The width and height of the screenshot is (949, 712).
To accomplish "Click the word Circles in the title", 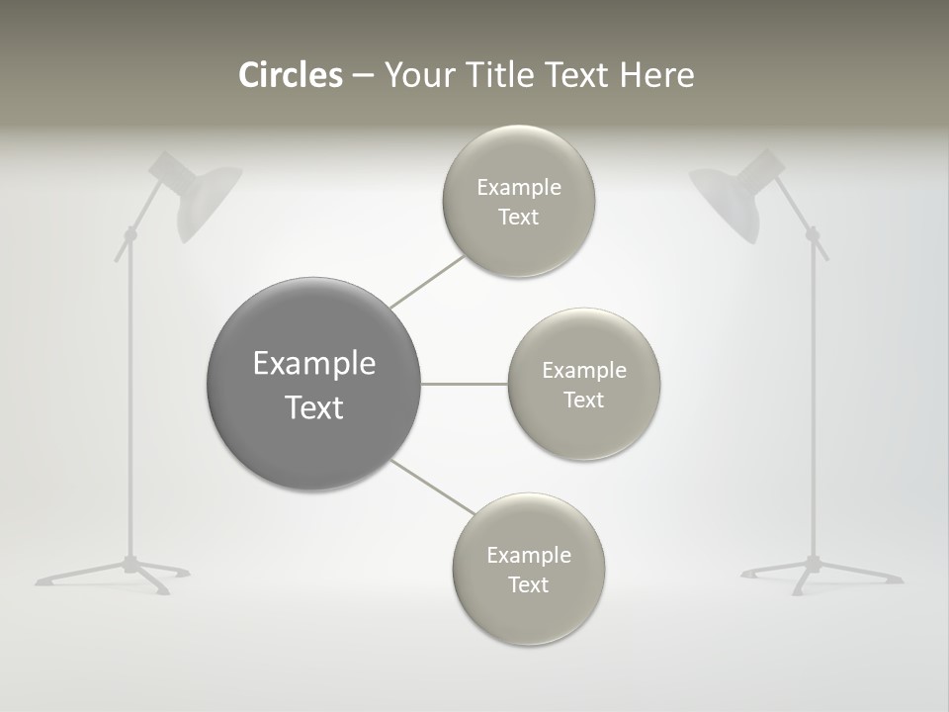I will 291,75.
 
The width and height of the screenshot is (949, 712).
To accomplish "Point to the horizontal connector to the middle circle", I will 465,384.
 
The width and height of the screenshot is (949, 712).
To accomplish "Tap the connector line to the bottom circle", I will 432,487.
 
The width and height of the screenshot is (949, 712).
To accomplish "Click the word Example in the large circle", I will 314,364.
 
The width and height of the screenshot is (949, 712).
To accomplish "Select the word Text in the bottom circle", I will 529,584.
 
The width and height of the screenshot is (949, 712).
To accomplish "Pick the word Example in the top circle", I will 519,187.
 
